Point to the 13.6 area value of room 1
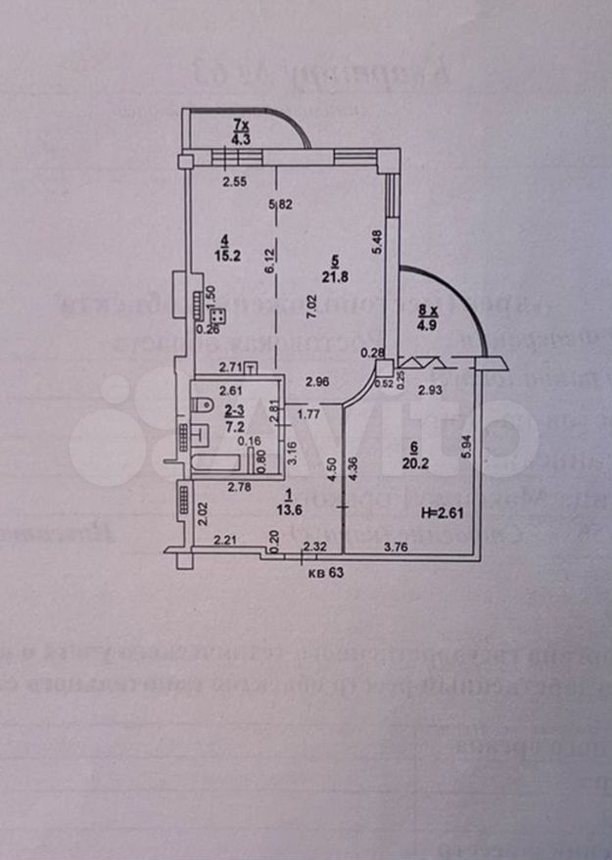pyautogui.click(x=283, y=508)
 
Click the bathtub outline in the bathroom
pyautogui.click(x=226, y=460)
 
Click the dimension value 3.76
pyautogui.click(x=398, y=547)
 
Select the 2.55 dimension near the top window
pyautogui.click(x=232, y=181)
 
